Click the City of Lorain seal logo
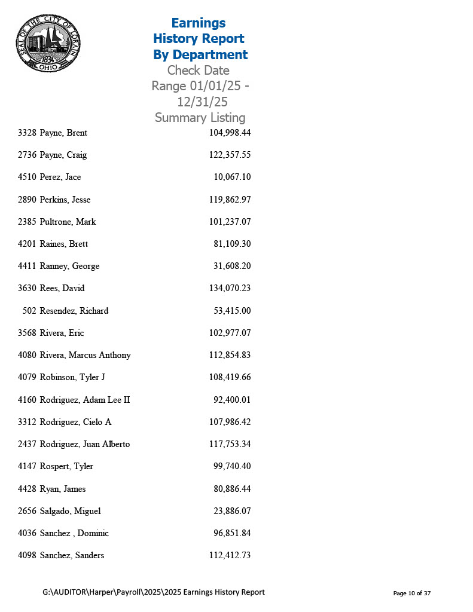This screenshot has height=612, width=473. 48,43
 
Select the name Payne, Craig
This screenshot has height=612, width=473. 63,155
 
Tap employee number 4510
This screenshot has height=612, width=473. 28,177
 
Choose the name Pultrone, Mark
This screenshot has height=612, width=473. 68,222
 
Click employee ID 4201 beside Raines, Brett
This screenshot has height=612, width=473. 28,244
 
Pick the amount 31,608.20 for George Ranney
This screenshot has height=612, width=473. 232,266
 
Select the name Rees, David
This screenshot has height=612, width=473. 62,288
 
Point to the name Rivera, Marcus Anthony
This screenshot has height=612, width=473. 85,355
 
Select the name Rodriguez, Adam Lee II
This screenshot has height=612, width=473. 85,400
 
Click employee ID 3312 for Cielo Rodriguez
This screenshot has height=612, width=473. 28,422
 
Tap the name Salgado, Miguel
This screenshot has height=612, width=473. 70,511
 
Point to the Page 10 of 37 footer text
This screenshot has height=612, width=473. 412,593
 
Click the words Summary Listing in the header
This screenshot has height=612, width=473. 200,118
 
